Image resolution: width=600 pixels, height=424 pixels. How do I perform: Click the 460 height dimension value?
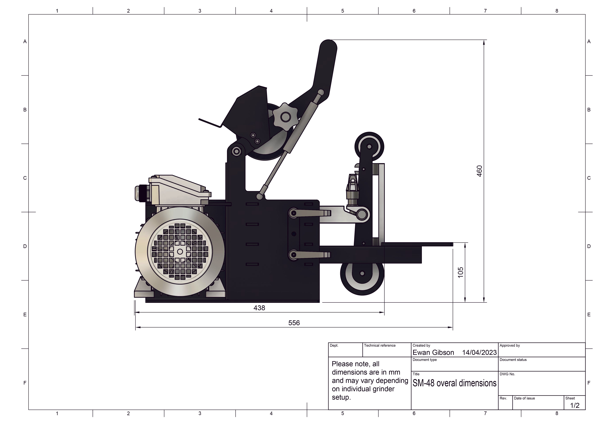pos(479,171)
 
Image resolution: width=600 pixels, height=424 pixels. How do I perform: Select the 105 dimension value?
pos(460,272)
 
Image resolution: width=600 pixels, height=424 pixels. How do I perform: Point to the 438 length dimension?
pos(259,308)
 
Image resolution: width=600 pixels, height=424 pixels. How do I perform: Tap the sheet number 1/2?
pos(575,406)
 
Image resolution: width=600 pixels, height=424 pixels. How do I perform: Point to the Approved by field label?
pos(510,346)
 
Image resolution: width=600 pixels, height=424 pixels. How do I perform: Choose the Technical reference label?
pos(380,346)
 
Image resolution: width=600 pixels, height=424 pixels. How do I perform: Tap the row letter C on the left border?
pos(25,178)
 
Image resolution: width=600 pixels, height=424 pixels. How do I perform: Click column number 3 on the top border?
pos(200,11)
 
